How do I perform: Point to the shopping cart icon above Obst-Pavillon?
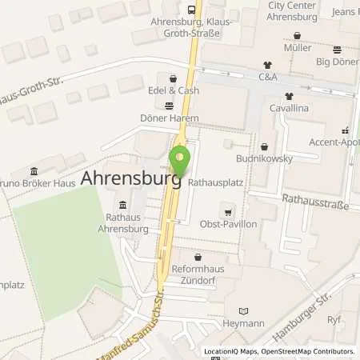(x=229, y=212)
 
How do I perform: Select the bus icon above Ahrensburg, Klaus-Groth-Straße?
(x=192, y=9)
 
